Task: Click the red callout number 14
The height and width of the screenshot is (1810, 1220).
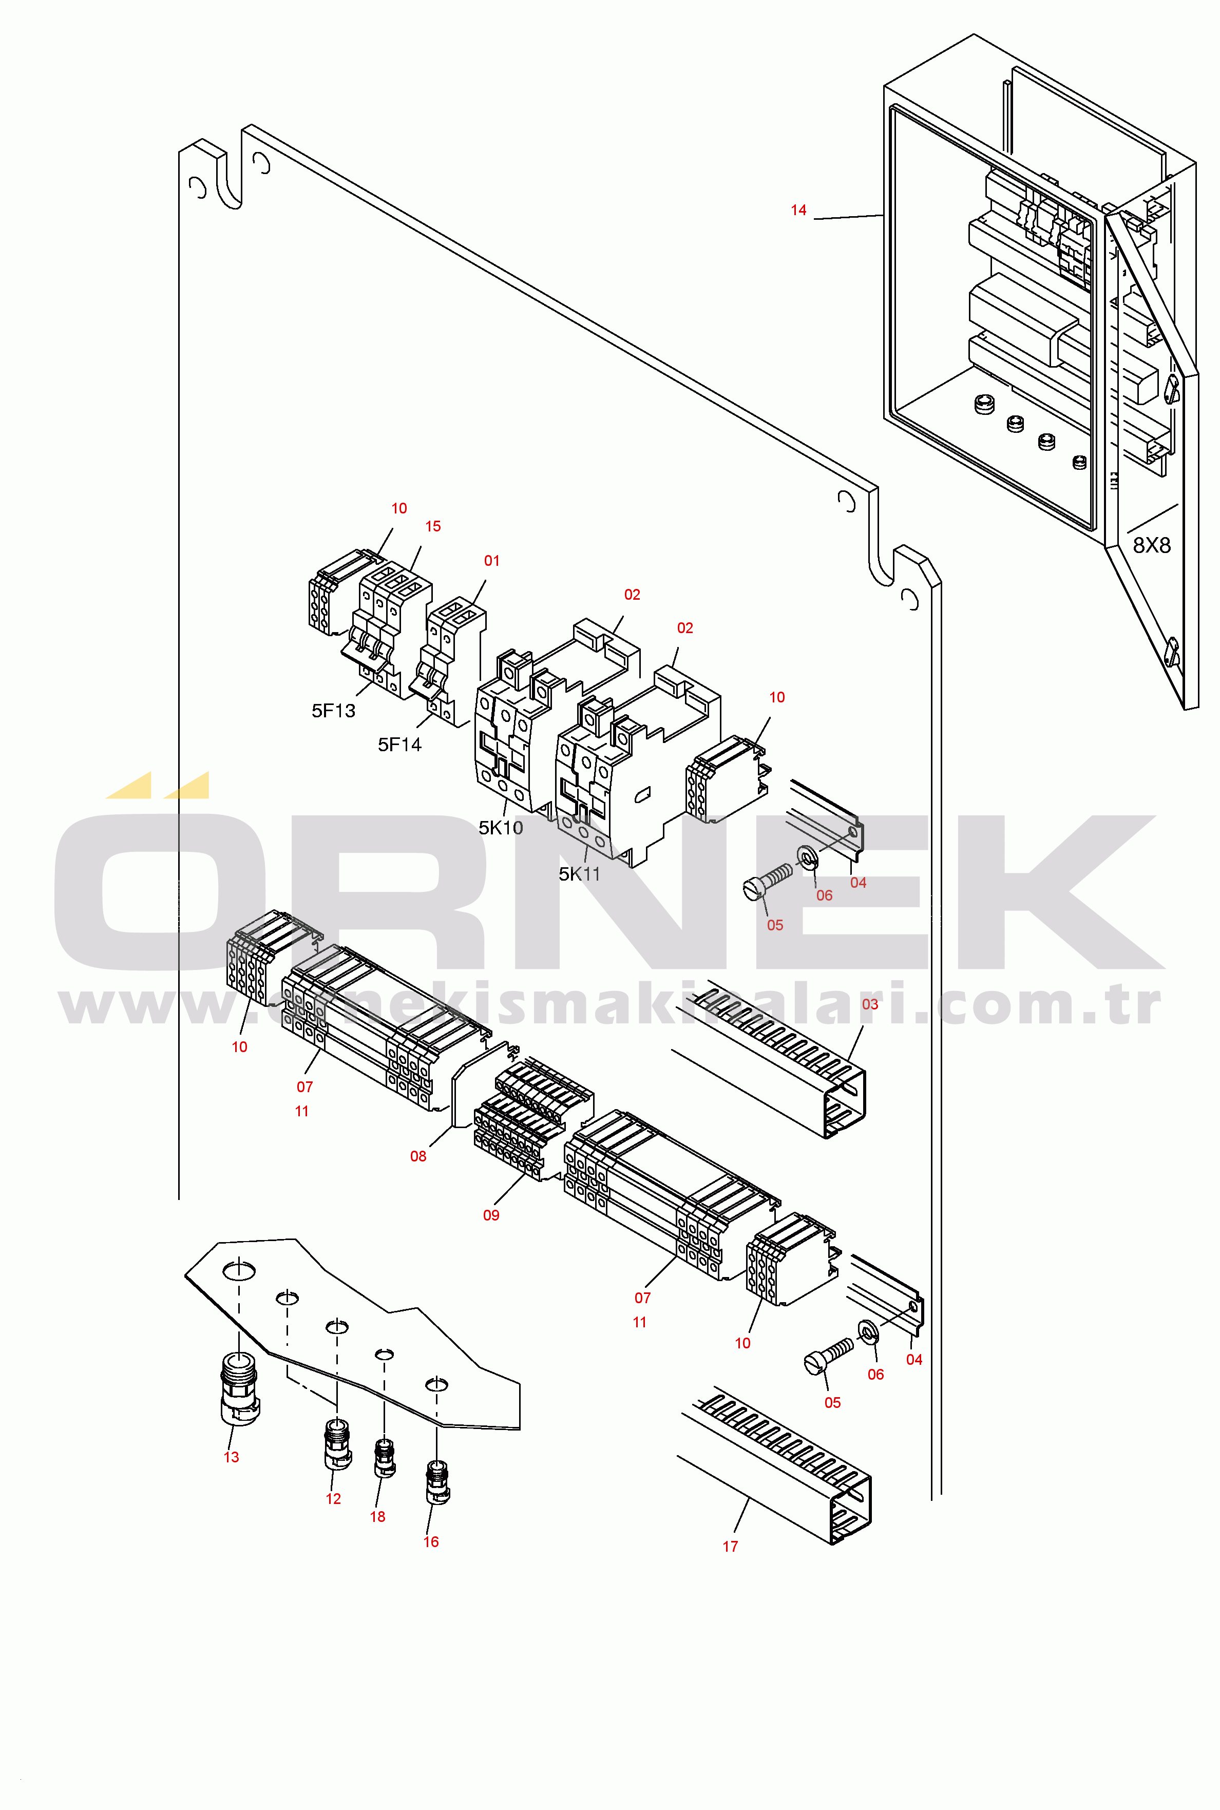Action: pyautogui.click(x=798, y=210)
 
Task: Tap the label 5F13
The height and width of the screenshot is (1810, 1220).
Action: pyautogui.click(x=333, y=711)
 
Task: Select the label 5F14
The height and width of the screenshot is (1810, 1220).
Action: pyautogui.click(x=399, y=745)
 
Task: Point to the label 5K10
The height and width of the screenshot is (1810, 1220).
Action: pyautogui.click(x=500, y=828)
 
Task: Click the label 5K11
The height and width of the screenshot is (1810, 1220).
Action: pyautogui.click(x=580, y=874)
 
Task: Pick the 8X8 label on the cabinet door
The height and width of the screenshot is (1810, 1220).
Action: pyautogui.click(x=1152, y=546)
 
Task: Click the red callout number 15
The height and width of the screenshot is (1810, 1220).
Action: pyautogui.click(x=433, y=527)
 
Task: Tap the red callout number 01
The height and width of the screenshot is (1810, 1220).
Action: pyautogui.click(x=492, y=561)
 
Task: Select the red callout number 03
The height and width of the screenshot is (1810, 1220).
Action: pyautogui.click(x=870, y=1004)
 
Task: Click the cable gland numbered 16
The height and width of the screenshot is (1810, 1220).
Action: pyautogui.click(x=437, y=1482)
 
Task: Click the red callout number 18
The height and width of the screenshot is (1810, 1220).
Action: pyautogui.click(x=377, y=1517)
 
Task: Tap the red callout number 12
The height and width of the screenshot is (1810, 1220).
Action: pyautogui.click(x=333, y=1499)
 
